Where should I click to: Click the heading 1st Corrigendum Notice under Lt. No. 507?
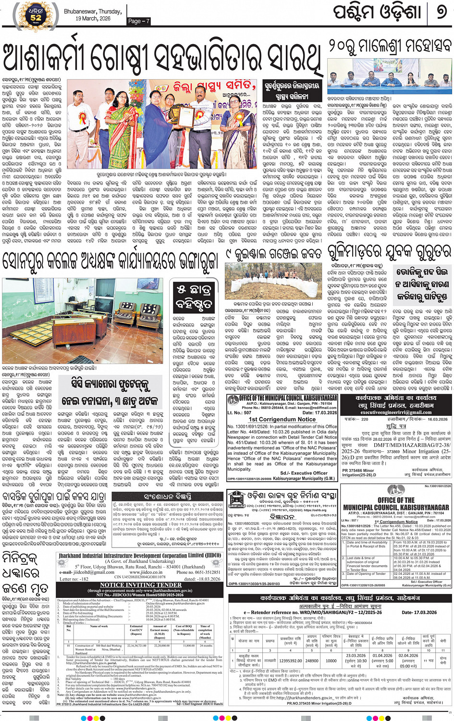click(282, 419)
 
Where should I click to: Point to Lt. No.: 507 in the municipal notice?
click(239, 413)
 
